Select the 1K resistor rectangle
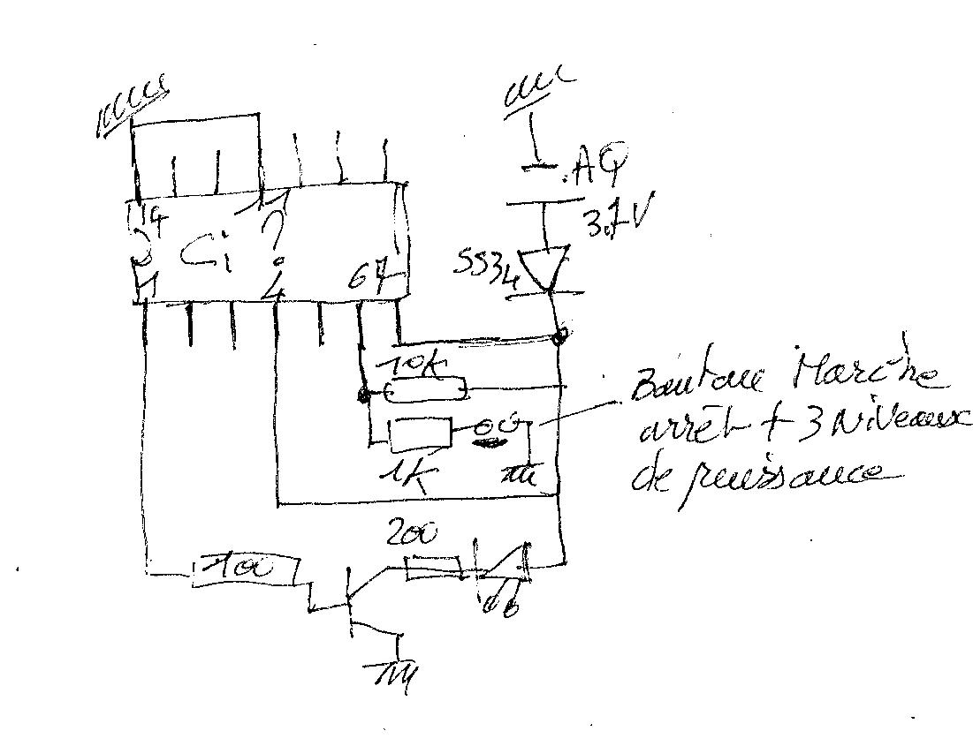pyautogui.click(x=421, y=434)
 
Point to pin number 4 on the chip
pyautogui.click(x=277, y=288)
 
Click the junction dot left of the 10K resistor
pyautogui.click(x=363, y=395)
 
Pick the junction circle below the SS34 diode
pyautogui.click(x=559, y=337)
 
